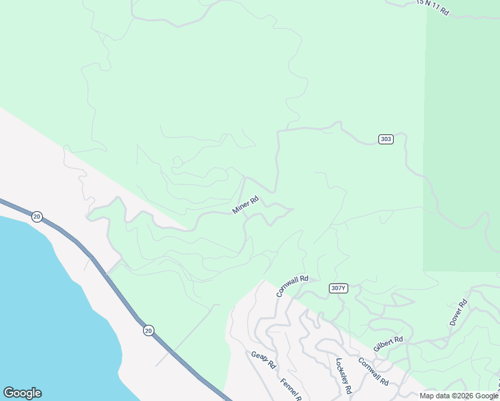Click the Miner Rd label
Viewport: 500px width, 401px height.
(245, 205)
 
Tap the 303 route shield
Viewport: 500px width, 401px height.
(386, 139)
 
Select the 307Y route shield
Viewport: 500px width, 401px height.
(339, 288)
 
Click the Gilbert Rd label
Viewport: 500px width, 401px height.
(388, 344)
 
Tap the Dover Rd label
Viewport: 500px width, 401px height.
(459, 312)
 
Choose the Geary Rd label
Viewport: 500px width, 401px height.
(263, 361)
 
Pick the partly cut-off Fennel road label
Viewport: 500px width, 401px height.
(291, 390)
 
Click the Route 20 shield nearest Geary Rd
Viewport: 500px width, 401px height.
(148, 330)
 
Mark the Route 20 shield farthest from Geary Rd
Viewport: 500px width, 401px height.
(37, 216)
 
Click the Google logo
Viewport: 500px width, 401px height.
(22, 393)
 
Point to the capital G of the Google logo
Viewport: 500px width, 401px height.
(8, 393)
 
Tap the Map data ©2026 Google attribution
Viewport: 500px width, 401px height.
(459, 396)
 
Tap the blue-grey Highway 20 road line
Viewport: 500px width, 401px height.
(107, 274)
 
